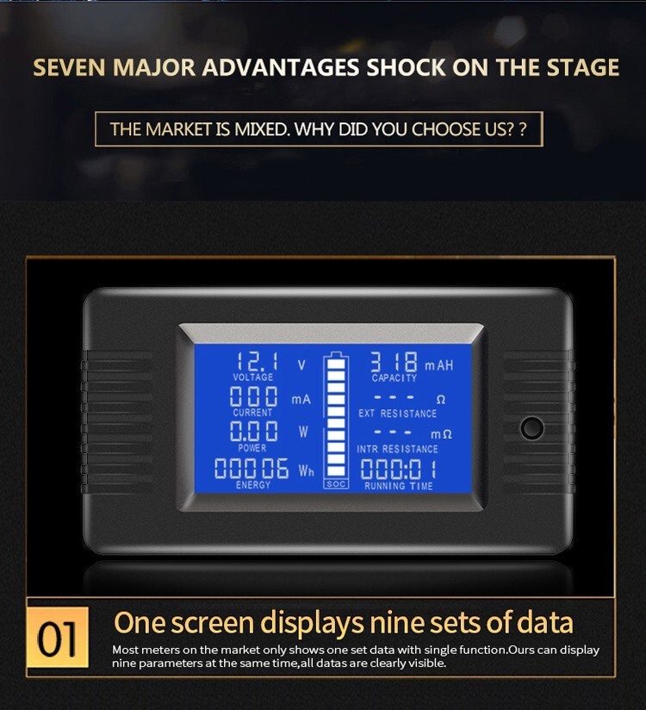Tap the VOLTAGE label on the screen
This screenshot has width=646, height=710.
[x=253, y=377]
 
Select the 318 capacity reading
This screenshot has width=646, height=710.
[x=394, y=362]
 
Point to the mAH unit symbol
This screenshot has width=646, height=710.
[x=438, y=365]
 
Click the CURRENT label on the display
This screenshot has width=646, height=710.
[x=252, y=413]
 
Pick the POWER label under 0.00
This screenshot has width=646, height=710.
[x=252, y=448]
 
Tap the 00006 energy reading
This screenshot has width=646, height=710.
[x=252, y=468]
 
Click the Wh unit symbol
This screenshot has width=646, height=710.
[x=306, y=471]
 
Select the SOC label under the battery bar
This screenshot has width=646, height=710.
[x=336, y=484]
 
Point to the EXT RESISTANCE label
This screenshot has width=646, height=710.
[x=397, y=414]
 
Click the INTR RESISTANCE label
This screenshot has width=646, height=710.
[x=397, y=449]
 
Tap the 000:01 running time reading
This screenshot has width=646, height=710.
[x=399, y=469]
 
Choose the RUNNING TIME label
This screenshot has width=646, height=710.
[x=399, y=486]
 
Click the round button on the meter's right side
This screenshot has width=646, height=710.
[x=532, y=428]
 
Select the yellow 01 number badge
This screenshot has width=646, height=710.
[x=58, y=638]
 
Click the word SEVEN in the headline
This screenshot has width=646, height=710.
[x=69, y=67]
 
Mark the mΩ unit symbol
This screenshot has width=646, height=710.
[x=441, y=434]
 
